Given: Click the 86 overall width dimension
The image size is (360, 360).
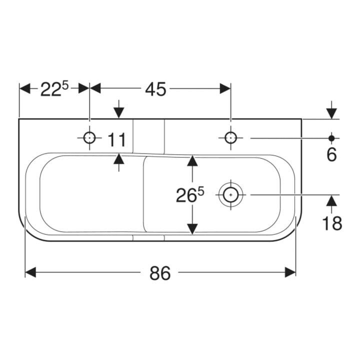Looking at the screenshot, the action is coord(160,273).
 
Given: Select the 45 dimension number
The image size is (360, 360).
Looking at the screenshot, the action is coord(155,89).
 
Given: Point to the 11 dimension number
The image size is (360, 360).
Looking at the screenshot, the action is coord(117,139).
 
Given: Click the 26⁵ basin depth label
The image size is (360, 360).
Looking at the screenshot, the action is coord(190,194).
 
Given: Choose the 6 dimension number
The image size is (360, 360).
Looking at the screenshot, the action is coord(331,154).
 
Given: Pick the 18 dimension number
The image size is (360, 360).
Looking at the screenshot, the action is coord(332,223).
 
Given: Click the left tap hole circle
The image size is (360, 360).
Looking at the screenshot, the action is coord(89,138).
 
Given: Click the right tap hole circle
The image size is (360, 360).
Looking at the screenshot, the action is coord(230,138).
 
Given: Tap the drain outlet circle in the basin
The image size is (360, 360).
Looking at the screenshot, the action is coord(230,194).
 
